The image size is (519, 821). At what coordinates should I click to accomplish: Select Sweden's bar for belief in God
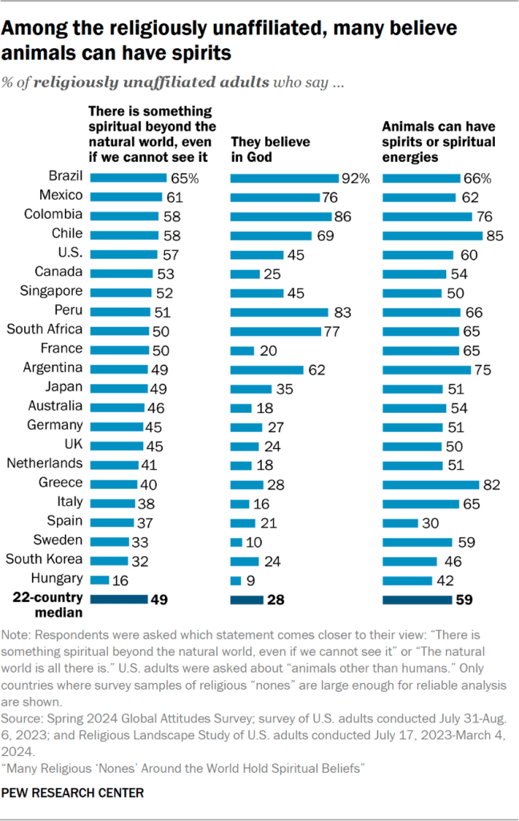click(x=235, y=540)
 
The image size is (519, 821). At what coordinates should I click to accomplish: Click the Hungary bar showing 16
click(x=100, y=578)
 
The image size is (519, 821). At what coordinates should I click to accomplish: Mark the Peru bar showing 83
click(x=280, y=311)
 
